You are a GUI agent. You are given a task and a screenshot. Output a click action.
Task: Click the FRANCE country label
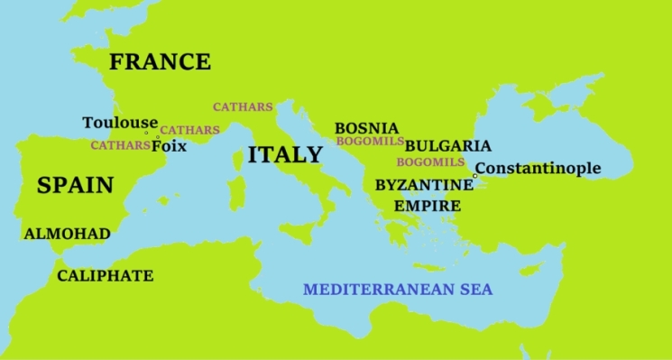click(x=160, y=62)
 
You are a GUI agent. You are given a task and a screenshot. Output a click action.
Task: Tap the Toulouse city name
click(x=119, y=123)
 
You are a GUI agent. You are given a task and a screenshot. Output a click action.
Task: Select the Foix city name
click(x=170, y=145)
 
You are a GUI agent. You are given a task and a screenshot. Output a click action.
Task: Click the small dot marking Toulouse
click(x=146, y=133)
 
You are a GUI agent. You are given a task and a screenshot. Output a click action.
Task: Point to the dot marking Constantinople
click(x=474, y=175)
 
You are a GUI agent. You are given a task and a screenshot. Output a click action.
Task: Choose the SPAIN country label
click(x=75, y=186)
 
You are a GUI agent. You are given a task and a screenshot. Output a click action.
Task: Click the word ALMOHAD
click(x=67, y=235)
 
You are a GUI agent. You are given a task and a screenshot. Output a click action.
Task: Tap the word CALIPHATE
click(x=105, y=276)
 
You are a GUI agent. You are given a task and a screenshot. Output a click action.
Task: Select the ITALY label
click(x=285, y=155)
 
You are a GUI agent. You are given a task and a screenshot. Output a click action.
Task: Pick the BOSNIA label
click(x=366, y=128)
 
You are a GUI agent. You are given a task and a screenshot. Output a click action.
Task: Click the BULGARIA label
click(x=448, y=145)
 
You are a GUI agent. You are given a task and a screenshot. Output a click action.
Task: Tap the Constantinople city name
click(x=538, y=168)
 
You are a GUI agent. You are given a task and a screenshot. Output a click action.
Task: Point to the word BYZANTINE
click(x=424, y=185)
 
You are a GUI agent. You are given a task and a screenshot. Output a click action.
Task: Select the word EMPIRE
click(x=428, y=206)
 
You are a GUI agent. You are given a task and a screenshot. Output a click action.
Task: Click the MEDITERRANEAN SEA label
click(x=398, y=291)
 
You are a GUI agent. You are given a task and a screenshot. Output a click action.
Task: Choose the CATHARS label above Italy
click(x=243, y=106)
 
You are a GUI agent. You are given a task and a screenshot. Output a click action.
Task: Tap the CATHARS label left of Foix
click(x=120, y=145)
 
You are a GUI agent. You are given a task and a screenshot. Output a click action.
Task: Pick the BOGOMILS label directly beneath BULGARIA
click(x=430, y=162)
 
